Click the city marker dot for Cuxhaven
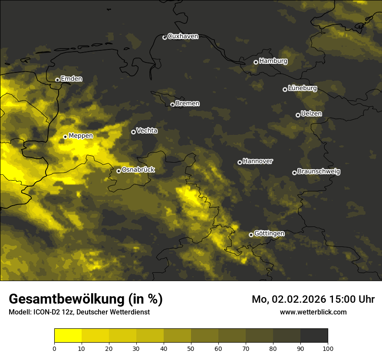(x=165, y=37)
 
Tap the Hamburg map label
(x=273, y=61)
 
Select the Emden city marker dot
(x=57, y=80)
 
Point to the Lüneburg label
(x=302, y=88)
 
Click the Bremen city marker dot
(x=172, y=105)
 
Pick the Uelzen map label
(x=311, y=114)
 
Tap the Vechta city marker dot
(x=133, y=132)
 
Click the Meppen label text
(x=81, y=136)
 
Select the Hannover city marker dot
(x=240, y=162)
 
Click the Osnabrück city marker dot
(x=119, y=171)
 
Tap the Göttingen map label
(x=269, y=233)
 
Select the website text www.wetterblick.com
(x=313, y=312)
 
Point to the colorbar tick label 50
(x=191, y=348)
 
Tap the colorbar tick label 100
(x=328, y=348)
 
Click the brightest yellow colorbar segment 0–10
(x=68, y=336)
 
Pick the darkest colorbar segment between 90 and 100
(x=314, y=336)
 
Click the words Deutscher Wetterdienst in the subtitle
(x=116, y=312)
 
